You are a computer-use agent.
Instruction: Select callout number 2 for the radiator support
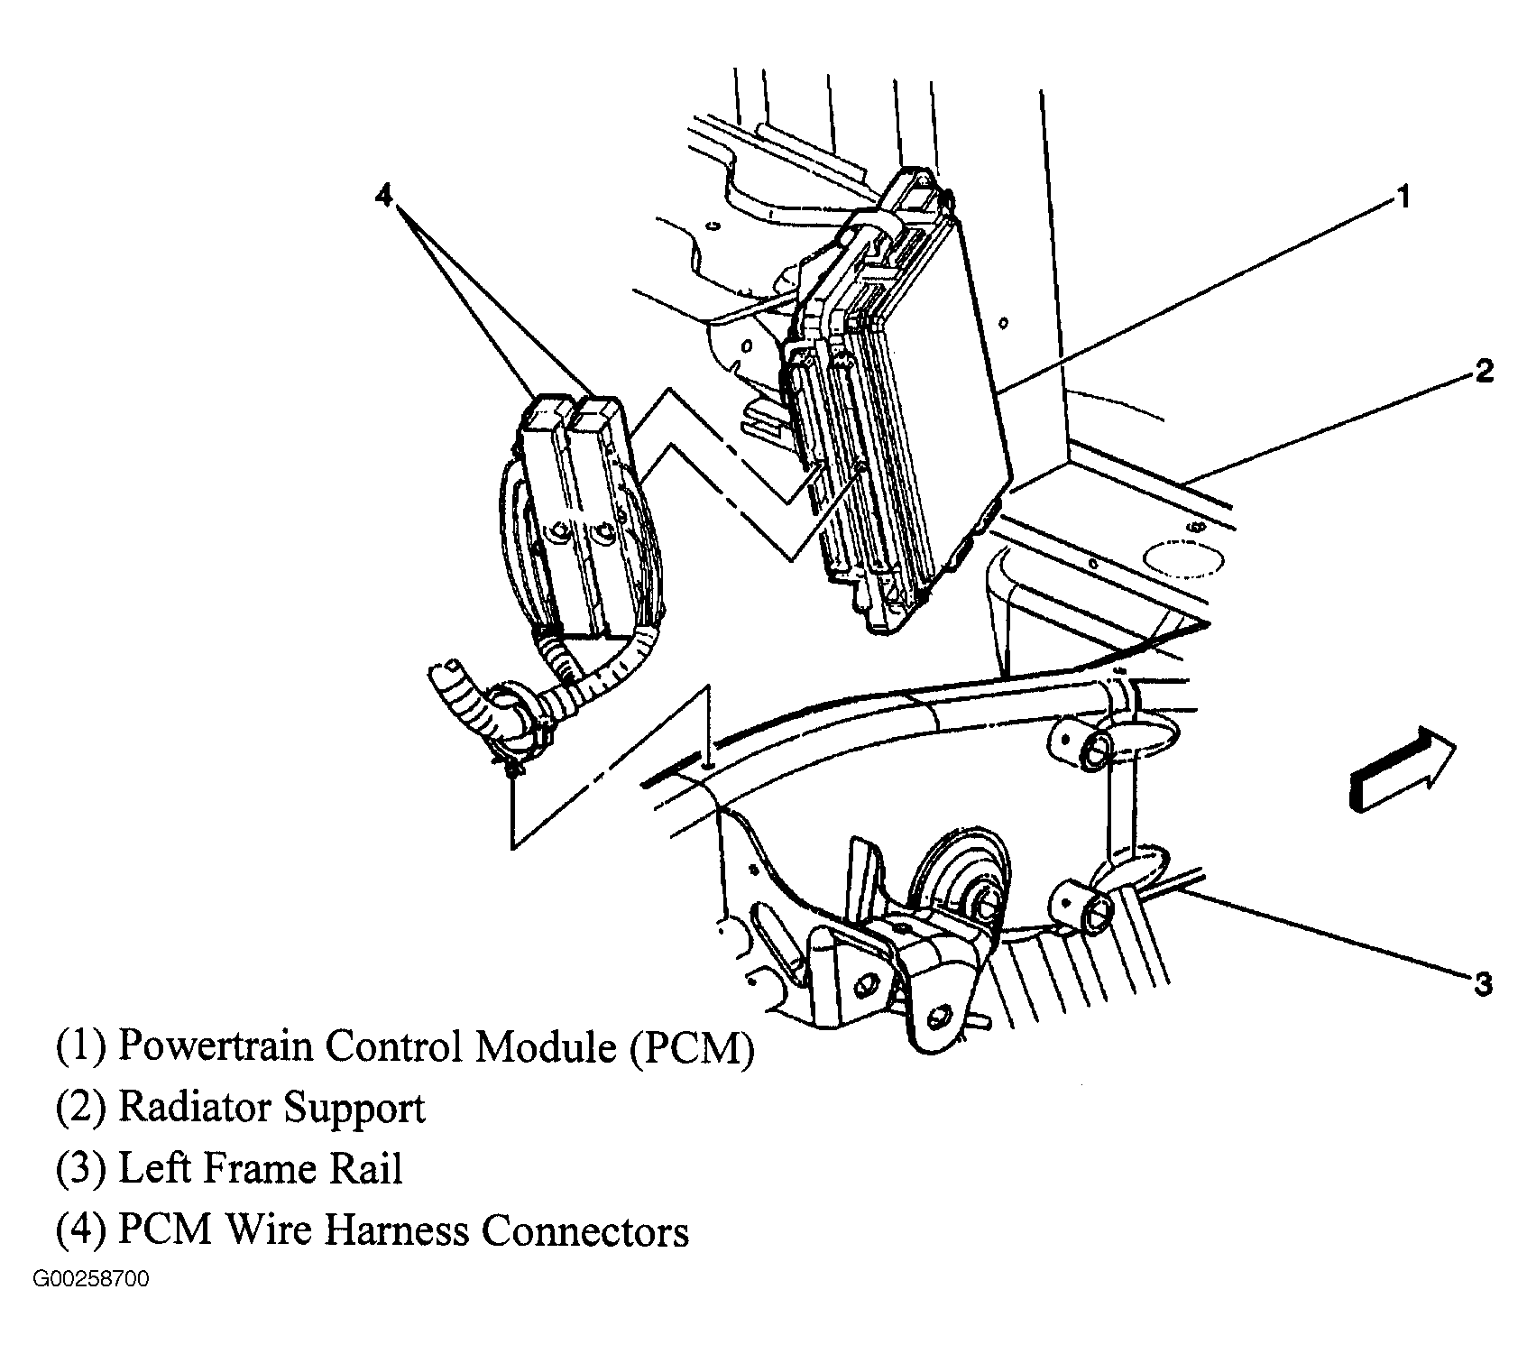click(1484, 371)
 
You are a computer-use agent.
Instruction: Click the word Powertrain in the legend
click(216, 1047)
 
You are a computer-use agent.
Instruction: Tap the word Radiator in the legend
click(190, 1108)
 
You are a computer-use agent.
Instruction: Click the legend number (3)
click(82, 1170)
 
